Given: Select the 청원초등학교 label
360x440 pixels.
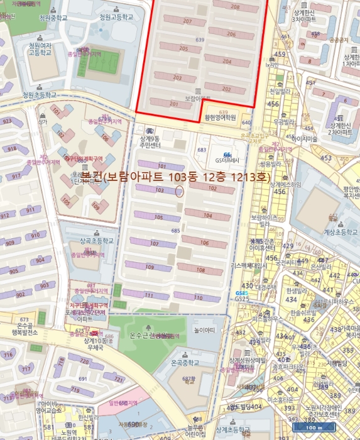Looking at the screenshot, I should pos(39,95).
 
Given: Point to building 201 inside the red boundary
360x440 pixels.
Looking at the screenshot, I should pos(156,104).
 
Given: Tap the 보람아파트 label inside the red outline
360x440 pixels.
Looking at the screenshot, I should pos(199,99).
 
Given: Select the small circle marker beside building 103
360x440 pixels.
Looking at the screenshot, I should pos(179,191).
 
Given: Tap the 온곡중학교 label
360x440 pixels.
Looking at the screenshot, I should pos(185,363).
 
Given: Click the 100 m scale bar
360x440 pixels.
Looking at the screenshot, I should pos(313,427).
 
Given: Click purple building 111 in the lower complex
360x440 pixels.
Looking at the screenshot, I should pos(149,295).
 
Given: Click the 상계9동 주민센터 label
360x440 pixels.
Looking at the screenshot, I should pos(150,142).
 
